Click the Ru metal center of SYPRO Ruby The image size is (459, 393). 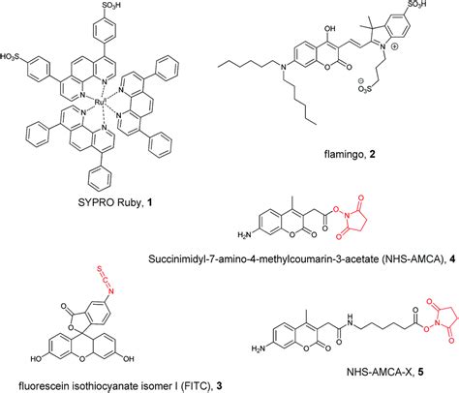[99, 103]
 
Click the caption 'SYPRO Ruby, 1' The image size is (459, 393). [115, 202]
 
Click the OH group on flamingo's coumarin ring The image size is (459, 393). [328, 28]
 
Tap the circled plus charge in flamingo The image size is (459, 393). [394, 46]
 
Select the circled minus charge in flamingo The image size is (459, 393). [361, 81]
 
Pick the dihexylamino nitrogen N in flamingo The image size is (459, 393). [284, 67]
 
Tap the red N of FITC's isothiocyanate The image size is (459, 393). [111, 291]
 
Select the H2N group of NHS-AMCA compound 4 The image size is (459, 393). [244, 234]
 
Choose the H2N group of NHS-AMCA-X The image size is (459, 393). [258, 348]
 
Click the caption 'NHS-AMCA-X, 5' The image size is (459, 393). [385, 372]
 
